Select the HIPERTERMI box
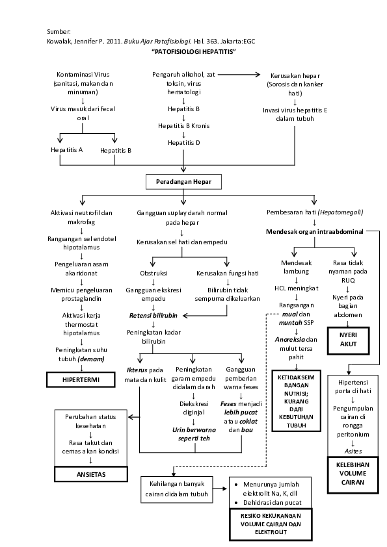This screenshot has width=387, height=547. pyautogui.click(x=80, y=379)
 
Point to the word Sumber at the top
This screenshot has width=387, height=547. pyautogui.click(x=58, y=31)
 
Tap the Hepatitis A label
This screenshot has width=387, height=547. pyautogui.click(x=67, y=150)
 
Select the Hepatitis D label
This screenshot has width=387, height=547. pyautogui.click(x=184, y=142)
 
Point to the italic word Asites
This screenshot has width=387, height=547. pyautogui.click(x=353, y=450)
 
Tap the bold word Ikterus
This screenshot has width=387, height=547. pyautogui.click(x=138, y=370)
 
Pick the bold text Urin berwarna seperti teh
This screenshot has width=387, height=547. pyautogui.click(x=194, y=434)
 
